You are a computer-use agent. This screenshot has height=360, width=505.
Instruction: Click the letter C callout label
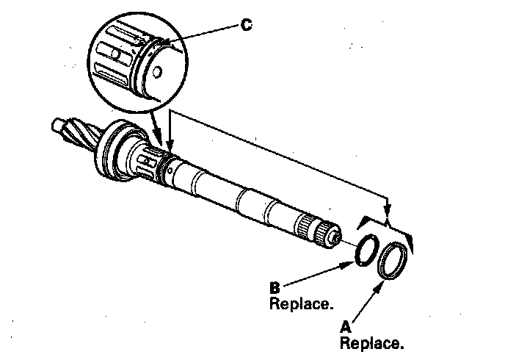[247, 25]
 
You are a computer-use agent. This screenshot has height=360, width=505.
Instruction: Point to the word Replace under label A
[371, 342]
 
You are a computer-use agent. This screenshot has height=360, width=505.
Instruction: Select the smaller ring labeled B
[365, 248]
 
